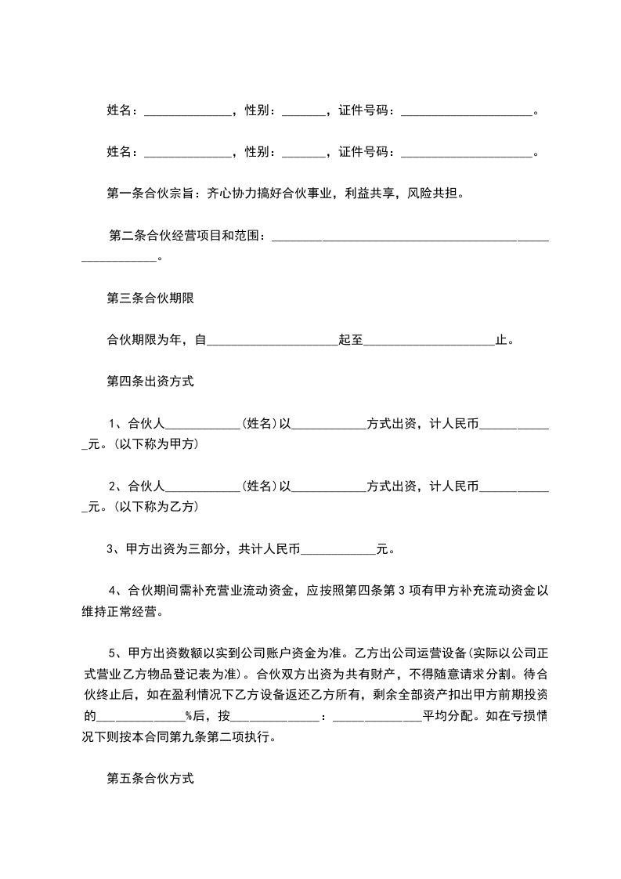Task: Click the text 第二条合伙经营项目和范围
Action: point(186,235)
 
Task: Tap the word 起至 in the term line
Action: point(350,340)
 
